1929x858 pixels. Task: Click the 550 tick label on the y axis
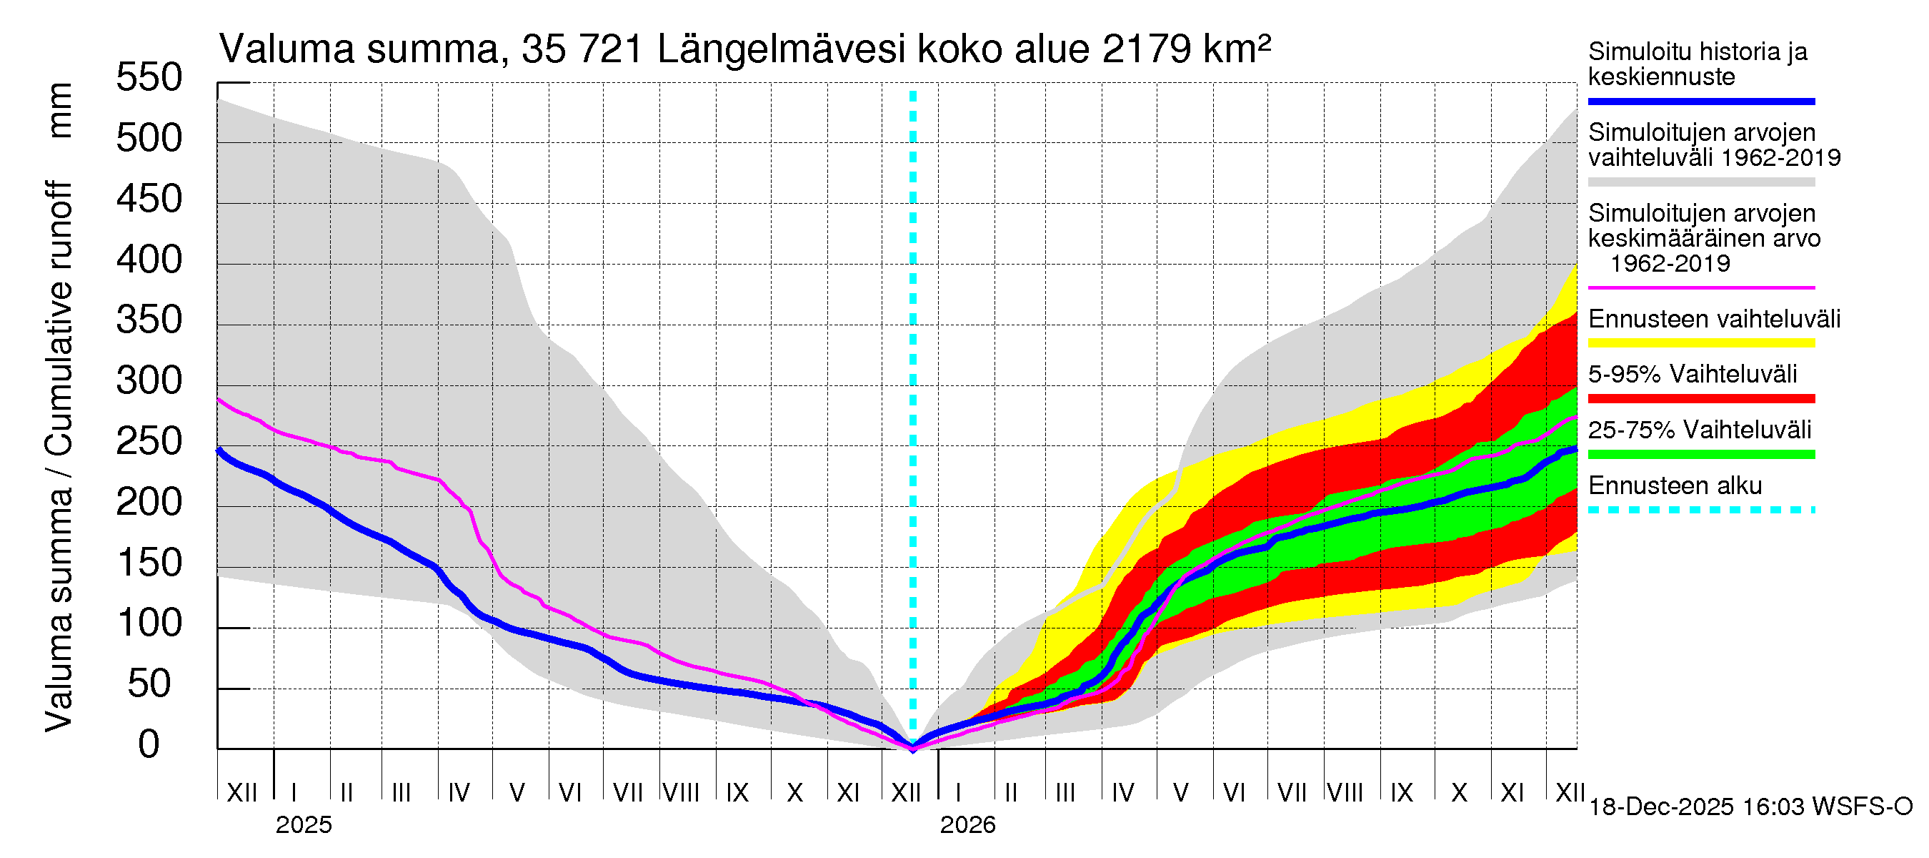tap(149, 78)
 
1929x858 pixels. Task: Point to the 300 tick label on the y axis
tap(149, 381)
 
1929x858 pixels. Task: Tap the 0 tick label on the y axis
tap(149, 745)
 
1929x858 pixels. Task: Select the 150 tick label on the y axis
tap(149, 563)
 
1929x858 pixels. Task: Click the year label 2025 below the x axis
tap(303, 825)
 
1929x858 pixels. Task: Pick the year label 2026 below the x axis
tap(967, 825)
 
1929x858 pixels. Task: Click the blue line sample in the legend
tap(1700, 101)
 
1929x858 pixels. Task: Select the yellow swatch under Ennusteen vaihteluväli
tap(1700, 343)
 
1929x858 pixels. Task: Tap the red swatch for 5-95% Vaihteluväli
tap(1700, 399)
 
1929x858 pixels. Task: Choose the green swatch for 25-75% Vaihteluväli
tap(1700, 454)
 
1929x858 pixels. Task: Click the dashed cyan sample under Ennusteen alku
tap(1700, 511)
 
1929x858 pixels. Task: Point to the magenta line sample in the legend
tap(1700, 287)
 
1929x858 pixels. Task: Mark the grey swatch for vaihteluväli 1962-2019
tap(1700, 182)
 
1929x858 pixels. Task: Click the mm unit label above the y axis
tap(60, 111)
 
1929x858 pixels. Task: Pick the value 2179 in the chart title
tap(1146, 50)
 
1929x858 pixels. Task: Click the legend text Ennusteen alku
tap(1675, 485)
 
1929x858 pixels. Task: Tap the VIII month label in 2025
tap(682, 792)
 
